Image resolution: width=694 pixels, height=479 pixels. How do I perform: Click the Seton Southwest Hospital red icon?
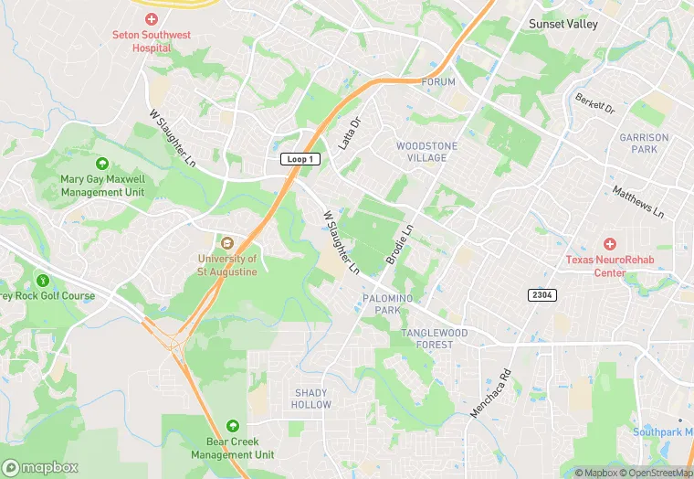tap(151, 19)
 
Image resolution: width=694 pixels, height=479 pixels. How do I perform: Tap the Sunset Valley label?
tap(563, 24)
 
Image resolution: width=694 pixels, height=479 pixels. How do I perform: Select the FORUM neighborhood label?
tap(438, 82)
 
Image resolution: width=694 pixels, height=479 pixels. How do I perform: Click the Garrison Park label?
tap(644, 144)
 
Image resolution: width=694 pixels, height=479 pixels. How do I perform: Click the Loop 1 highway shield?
tap(299, 159)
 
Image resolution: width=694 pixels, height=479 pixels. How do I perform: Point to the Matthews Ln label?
tap(638, 202)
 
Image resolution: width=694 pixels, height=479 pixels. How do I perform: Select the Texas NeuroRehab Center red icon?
tap(609, 244)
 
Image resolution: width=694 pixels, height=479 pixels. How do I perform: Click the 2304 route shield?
tap(542, 295)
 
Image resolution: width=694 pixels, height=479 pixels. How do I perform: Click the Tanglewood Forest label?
tap(426, 338)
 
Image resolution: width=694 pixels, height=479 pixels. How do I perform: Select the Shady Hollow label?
tap(311, 399)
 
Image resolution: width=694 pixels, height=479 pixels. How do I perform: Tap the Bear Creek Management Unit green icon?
tap(233, 426)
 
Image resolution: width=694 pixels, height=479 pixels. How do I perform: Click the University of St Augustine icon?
tap(226, 241)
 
